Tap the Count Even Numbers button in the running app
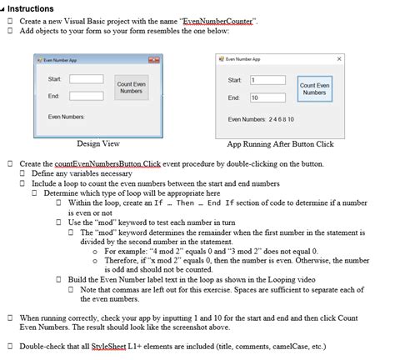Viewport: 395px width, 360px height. coord(314,88)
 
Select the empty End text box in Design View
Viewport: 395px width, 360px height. coord(86,96)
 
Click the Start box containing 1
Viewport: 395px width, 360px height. coord(267,80)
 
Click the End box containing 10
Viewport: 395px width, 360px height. coord(267,97)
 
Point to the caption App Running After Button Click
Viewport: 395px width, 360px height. coord(280,142)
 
